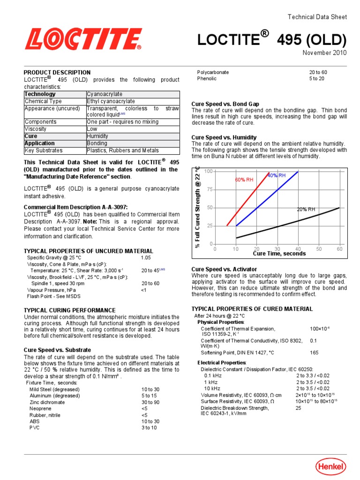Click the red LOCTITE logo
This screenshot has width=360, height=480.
(x=83, y=39)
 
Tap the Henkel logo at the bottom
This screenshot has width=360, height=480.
(x=330, y=466)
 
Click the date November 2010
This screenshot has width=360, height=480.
(x=324, y=52)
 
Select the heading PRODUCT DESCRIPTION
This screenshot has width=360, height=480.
(x=57, y=73)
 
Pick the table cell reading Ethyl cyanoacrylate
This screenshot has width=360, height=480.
(x=111, y=101)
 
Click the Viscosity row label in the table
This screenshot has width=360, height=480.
(x=36, y=129)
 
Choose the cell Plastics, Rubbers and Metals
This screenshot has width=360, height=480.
(x=122, y=150)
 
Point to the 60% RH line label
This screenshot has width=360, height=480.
(x=244, y=180)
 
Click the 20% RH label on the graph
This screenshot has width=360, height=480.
(x=306, y=210)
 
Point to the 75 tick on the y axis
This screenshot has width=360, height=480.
(x=210, y=189)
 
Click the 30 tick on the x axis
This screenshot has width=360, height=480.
(x=277, y=249)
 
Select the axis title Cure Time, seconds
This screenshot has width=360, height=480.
(x=279, y=254)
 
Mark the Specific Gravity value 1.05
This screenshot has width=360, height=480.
(x=146, y=258)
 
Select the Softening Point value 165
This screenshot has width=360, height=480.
(x=314, y=352)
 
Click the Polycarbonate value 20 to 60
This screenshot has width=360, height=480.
(x=318, y=73)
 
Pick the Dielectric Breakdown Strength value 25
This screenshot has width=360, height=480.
(x=298, y=408)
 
